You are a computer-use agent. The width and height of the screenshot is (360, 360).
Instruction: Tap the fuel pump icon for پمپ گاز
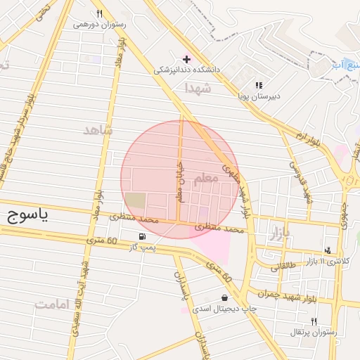(x=143, y=236)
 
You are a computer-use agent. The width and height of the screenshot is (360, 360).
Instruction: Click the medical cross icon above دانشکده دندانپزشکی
(x=186, y=58)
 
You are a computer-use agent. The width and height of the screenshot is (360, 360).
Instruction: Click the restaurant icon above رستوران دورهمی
(x=99, y=13)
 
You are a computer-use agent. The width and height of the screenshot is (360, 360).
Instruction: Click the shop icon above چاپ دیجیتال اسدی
(x=224, y=297)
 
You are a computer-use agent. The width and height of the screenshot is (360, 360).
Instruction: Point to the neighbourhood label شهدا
(x=198, y=89)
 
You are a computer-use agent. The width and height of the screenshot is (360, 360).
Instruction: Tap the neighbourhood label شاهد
(x=98, y=130)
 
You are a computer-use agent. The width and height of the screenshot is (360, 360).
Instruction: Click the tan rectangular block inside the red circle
(x=136, y=200)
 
